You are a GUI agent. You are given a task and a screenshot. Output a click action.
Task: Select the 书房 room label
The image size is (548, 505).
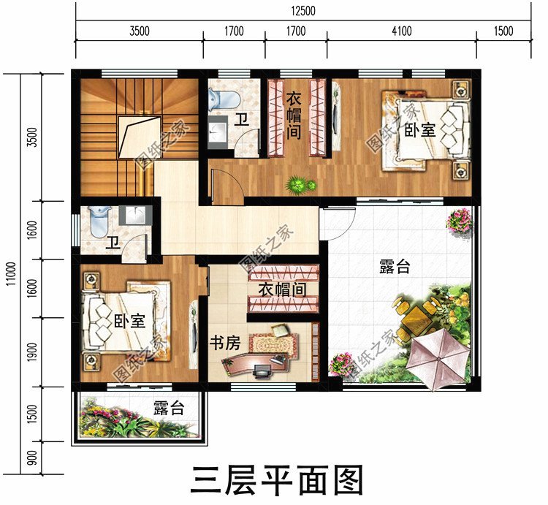point(225,343)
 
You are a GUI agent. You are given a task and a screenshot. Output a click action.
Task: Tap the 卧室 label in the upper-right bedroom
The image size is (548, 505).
point(419,131)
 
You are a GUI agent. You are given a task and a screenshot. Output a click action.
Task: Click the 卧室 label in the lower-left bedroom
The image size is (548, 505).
point(129,320)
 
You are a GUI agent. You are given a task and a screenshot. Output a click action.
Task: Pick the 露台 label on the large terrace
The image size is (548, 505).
point(395,267)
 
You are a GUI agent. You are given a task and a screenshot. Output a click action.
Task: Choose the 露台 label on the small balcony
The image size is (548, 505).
point(168,409)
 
